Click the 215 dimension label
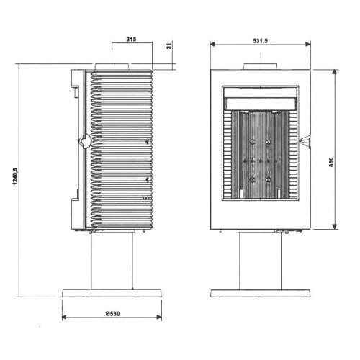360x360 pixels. (131, 39)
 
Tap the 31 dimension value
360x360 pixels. (169, 46)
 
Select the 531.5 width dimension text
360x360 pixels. (260, 41)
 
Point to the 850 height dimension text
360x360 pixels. (331, 162)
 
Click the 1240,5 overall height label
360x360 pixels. (15, 176)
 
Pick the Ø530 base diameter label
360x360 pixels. (112, 313)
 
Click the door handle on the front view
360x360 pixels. (305, 142)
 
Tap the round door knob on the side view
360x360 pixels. (85, 141)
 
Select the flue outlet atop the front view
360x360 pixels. (261, 66)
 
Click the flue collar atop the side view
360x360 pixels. (112, 67)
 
